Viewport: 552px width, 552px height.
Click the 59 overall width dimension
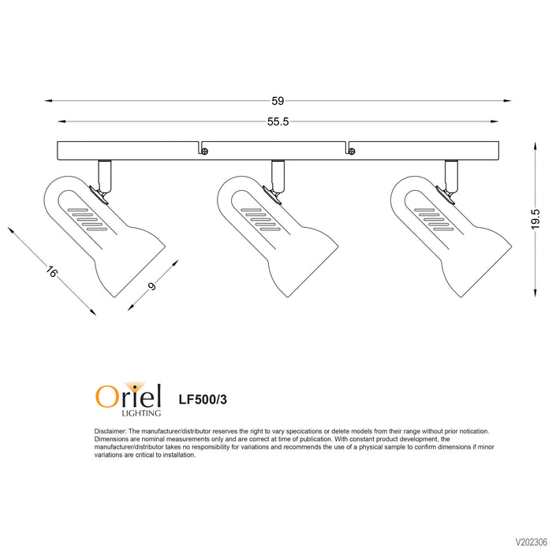[x=278, y=101]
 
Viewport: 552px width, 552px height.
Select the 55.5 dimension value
[x=278, y=121]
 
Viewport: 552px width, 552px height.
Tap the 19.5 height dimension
[x=535, y=219]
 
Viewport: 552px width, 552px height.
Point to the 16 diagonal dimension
[x=51, y=272]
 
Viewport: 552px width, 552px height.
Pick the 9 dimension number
[x=152, y=286]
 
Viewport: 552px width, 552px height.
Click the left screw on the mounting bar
[x=203, y=151]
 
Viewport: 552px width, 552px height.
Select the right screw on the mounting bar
[x=352, y=151]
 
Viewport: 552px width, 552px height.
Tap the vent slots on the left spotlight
[x=87, y=220]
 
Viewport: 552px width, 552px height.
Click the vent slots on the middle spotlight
[x=260, y=220]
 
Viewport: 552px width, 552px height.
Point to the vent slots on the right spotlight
[x=434, y=220]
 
